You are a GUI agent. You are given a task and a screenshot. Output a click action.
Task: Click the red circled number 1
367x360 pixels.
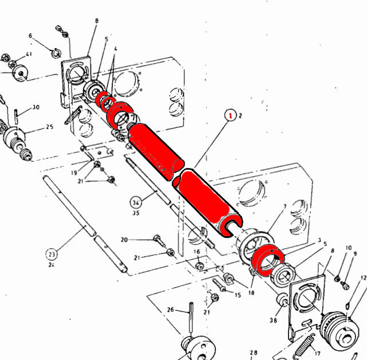231,116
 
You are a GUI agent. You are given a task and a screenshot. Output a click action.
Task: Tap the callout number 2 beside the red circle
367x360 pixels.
240,116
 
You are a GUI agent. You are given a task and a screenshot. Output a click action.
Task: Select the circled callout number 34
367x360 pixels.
136,202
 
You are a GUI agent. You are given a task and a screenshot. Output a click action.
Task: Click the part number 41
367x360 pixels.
29,54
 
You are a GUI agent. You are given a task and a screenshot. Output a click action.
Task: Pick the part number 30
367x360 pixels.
35,107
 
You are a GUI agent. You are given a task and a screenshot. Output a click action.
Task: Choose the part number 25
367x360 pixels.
49,127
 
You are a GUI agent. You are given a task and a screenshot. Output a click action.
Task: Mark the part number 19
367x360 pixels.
74,172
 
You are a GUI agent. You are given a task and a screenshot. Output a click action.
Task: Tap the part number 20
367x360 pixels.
124,240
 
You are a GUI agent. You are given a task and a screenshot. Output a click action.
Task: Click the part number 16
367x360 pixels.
196,252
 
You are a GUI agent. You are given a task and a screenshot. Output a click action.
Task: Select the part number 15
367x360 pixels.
238,295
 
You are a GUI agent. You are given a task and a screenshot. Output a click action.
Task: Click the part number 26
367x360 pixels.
170,310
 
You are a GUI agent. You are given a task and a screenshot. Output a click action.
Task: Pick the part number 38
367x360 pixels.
273,320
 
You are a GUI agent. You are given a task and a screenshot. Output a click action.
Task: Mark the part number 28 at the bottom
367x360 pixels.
253,353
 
